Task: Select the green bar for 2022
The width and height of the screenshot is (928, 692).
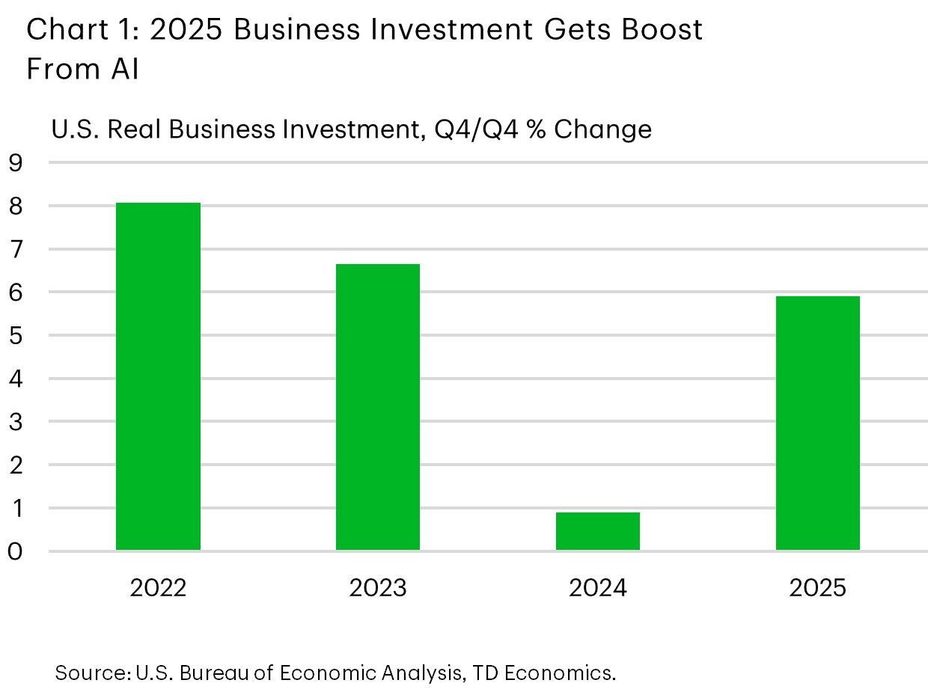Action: click(158, 376)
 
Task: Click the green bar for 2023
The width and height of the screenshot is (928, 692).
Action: click(378, 407)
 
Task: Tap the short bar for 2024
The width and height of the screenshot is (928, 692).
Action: click(598, 531)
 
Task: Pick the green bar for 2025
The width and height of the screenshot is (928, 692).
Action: click(818, 423)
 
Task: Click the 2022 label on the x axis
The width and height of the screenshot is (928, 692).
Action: click(158, 588)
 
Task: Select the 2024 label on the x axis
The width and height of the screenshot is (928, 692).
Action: click(598, 588)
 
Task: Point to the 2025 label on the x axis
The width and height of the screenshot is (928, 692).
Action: click(818, 588)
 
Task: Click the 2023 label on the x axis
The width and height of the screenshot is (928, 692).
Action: click(378, 588)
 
